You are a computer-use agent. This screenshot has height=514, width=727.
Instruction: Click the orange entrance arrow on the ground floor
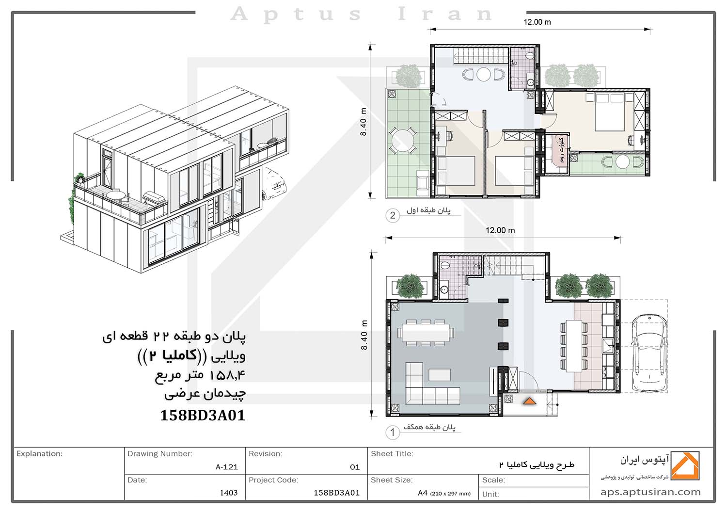point(529,402)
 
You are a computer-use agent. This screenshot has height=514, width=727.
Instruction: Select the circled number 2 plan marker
point(393,216)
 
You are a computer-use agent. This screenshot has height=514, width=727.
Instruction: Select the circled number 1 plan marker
point(393,433)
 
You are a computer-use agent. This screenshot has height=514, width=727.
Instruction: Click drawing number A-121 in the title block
point(226,467)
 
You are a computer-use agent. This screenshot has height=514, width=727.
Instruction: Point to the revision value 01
point(355,467)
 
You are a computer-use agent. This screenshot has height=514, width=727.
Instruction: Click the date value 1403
point(229,493)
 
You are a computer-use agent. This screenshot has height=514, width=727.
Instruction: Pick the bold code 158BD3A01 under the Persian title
point(203,415)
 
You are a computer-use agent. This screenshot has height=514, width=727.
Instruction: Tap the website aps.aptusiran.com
point(650,492)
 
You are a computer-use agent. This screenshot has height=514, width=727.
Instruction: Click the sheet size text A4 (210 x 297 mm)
point(444,493)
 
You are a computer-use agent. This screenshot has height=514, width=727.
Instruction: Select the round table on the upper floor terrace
point(402,141)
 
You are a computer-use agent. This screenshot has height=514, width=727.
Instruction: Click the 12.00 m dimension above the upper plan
point(537,22)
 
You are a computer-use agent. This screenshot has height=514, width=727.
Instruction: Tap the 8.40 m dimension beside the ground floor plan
point(364,335)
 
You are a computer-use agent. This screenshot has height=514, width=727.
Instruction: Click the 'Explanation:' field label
point(40,453)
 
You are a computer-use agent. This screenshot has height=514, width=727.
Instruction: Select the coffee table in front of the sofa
point(440,375)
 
